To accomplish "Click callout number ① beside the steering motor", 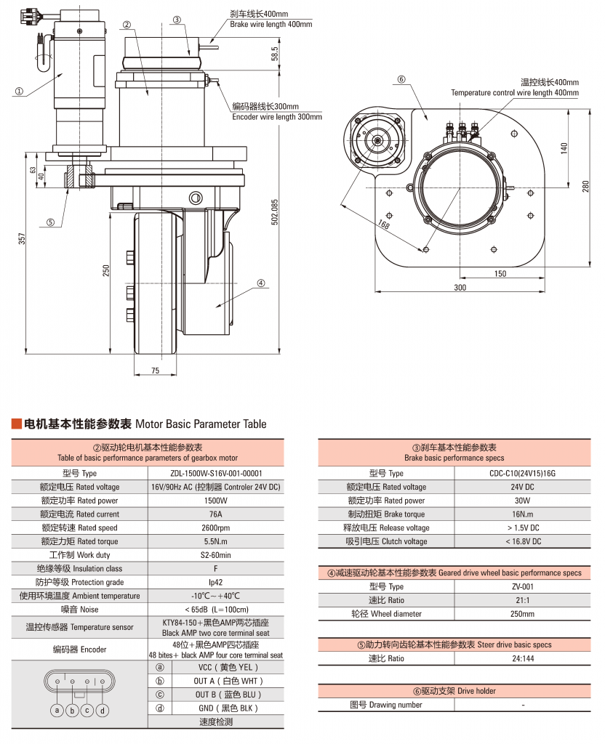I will point(19,92).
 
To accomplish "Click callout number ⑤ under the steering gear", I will point(50,223).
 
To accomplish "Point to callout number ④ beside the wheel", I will point(260,283).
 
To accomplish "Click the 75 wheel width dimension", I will point(156,371).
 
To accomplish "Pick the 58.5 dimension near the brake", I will point(274,54).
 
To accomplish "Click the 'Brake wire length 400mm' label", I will point(271,25).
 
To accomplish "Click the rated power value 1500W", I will point(215,501).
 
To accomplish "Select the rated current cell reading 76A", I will point(215,514).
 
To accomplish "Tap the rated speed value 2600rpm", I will point(215,528).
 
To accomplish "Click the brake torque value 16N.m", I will point(523,514).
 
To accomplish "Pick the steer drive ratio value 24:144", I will point(523,658).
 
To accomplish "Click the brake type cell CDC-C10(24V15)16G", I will point(523,473).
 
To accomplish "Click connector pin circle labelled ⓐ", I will point(57,710).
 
